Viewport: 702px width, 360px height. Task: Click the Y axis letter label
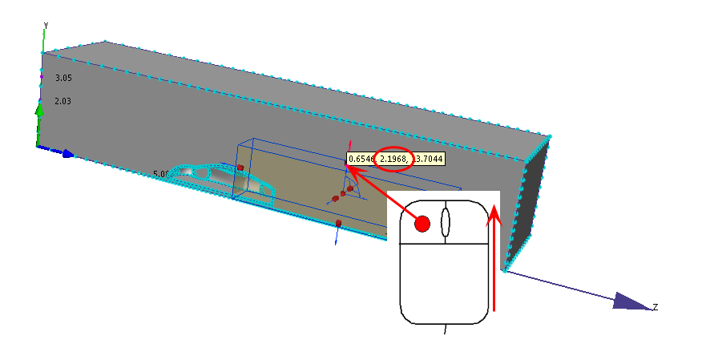click(x=46, y=25)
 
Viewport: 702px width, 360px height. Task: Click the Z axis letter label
click(x=655, y=307)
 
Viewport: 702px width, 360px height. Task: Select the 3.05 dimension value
click(x=63, y=78)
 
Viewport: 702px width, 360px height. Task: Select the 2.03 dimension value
click(x=63, y=101)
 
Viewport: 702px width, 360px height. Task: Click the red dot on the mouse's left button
click(x=422, y=224)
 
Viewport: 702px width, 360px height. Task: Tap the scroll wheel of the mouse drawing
click(x=445, y=222)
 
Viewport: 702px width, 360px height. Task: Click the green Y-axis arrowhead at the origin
click(x=38, y=109)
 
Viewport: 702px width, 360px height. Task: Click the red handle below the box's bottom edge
click(x=339, y=223)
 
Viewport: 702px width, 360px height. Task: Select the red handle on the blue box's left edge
click(x=240, y=168)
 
